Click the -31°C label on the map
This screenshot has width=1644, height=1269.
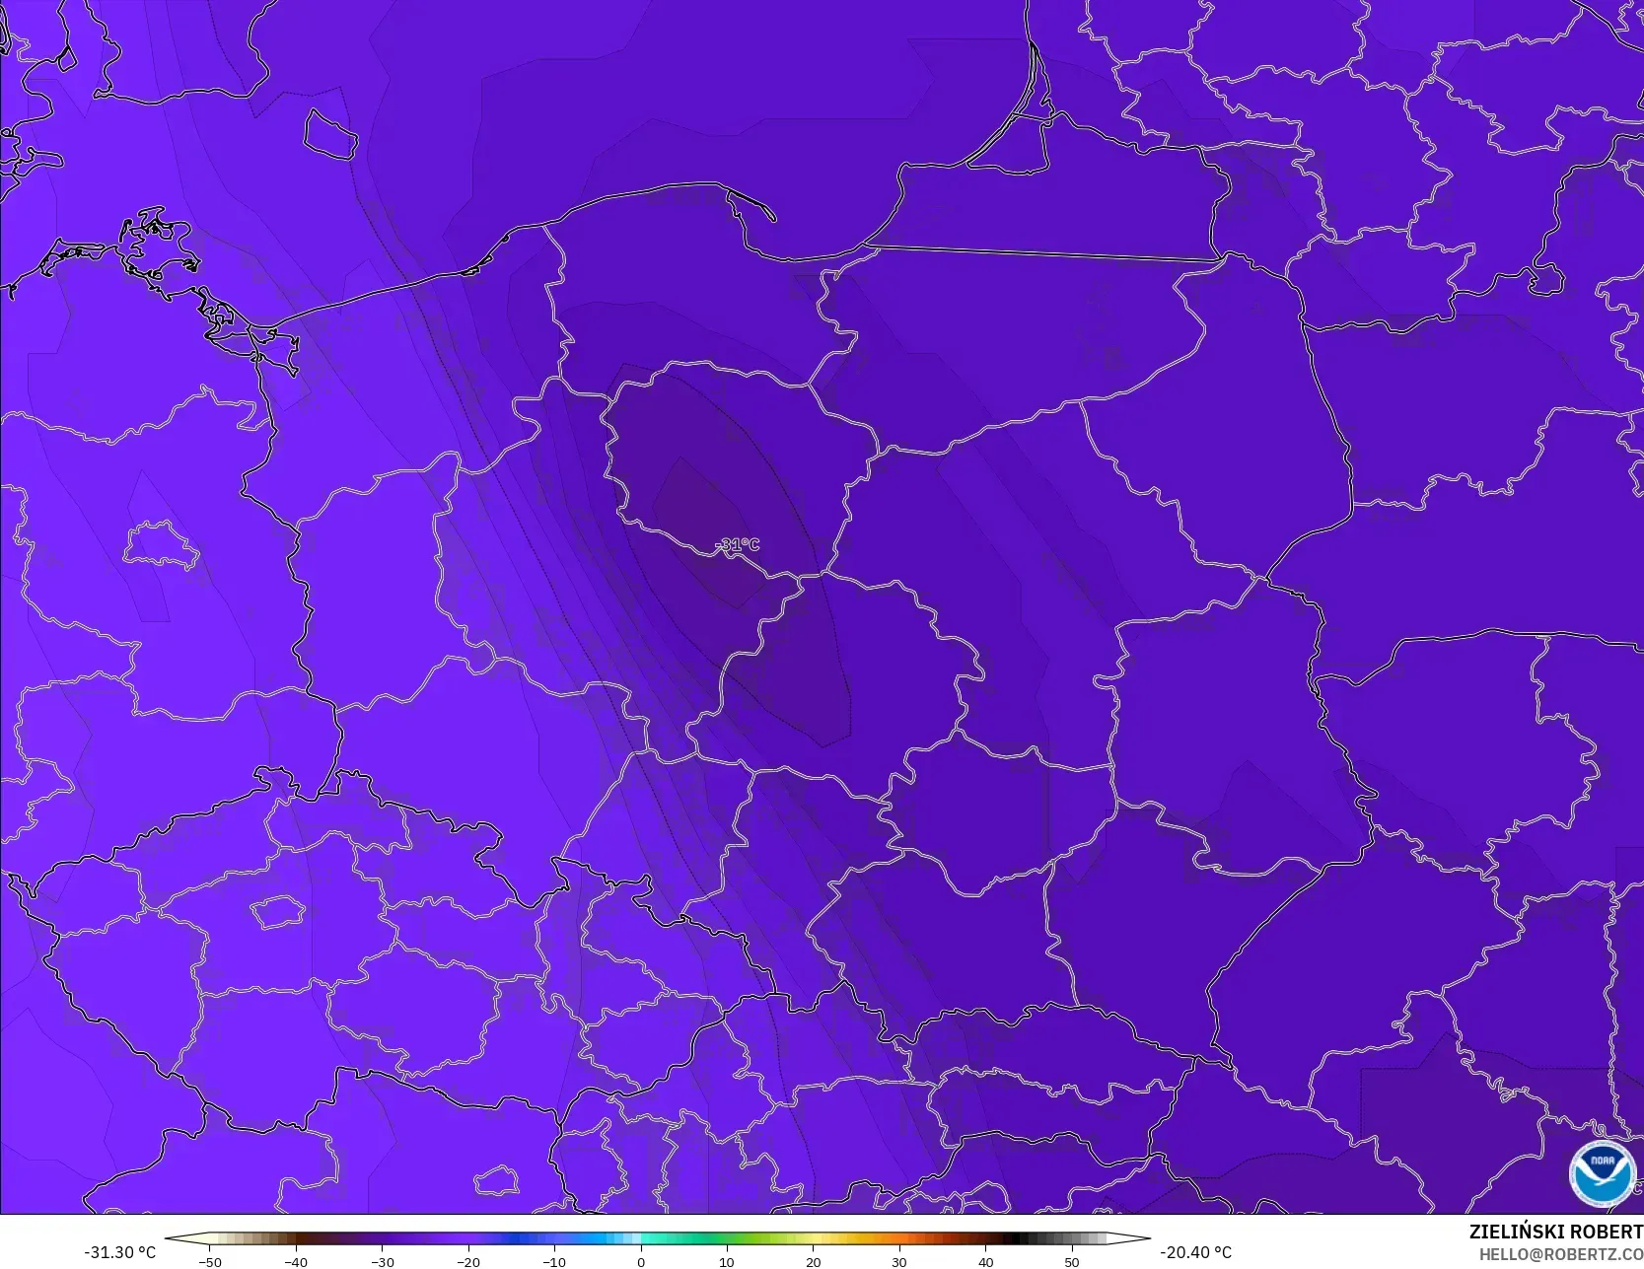739,544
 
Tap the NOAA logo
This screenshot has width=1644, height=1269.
1603,1173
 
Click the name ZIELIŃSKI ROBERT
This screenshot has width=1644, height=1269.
1555,1232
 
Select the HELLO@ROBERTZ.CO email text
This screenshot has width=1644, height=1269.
1560,1254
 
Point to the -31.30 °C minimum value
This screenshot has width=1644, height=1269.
119,1252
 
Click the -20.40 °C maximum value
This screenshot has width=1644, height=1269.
1195,1252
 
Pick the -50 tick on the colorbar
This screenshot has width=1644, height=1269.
209,1262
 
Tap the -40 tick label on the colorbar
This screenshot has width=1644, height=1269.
295,1262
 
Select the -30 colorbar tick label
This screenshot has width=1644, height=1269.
382,1262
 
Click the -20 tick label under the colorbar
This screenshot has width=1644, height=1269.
467,1262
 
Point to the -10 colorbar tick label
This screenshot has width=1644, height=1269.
554,1262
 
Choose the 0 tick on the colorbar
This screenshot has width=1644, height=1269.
641,1262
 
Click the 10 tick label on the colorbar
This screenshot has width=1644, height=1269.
727,1262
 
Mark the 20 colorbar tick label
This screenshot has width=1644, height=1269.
813,1262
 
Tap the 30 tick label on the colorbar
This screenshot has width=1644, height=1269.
899,1262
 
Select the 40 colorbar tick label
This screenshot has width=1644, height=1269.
985,1262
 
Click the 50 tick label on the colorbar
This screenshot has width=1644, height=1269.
1072,1262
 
